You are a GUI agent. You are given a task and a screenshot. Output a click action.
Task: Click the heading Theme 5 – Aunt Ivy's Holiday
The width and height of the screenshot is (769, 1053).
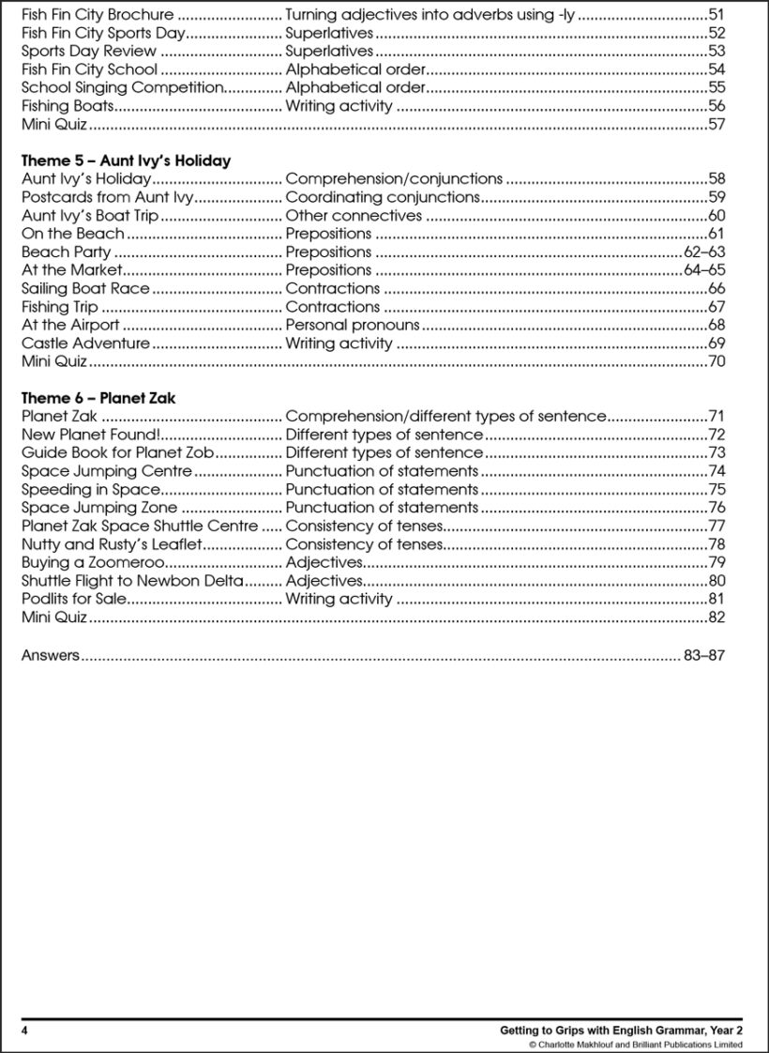pyautogui.click(x=126, y=160)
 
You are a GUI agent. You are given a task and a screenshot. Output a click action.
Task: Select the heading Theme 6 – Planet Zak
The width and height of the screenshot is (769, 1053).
pyautogui.click(x=98, y=398)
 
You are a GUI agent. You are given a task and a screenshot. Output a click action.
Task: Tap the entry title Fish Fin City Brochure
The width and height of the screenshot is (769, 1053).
pyautogui.click(x=98, y=15)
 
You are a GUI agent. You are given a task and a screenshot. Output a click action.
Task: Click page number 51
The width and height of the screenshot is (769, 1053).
pyautogui.click(x=716, y=15)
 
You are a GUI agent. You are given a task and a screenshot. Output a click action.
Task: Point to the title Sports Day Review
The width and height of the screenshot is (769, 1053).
pyautogui.click(x=76, y=52)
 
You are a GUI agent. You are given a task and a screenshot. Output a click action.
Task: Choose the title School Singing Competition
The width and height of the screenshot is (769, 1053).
pyautogui.click(x=122, y=88)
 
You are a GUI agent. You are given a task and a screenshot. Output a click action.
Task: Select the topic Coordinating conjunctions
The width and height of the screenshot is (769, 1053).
pyautogui.click(x=383, y=197)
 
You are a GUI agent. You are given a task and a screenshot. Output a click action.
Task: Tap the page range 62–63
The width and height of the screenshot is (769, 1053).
pyautogui.click(x=704, y=252)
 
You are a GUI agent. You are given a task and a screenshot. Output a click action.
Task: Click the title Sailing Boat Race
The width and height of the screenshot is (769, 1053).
pyautogui.click(x=85, y=288)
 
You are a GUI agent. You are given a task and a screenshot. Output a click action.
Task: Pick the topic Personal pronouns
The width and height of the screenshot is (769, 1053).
pyautogui.click(x=353, y=325)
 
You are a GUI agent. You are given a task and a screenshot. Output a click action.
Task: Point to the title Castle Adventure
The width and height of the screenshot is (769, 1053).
pyautogui.click(x=85, y=343)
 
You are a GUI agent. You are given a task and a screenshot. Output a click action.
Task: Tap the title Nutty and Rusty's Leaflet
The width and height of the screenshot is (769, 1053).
pyautogui.click(x=112, y=544)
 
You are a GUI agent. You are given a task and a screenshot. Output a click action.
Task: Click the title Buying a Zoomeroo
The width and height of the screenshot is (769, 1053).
pyautogui.click(x=93, y=562)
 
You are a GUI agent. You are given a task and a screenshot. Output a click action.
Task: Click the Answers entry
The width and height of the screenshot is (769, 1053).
pyautogui.click(x=51, y=656)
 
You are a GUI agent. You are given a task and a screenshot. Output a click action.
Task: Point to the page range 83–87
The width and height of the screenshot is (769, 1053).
pyautogui.click(x=704, y=656)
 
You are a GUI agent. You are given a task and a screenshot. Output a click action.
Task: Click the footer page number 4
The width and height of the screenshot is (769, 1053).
pyautogui.click(x=25, y=1030)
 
